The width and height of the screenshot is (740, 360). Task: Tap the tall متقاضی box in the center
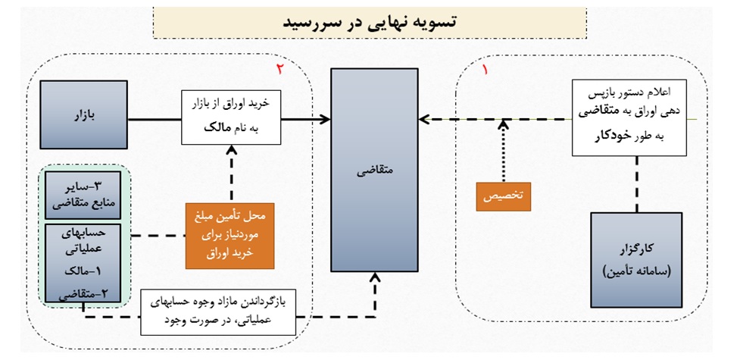pos(373,170)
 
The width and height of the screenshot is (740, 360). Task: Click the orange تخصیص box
pos(504,195)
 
